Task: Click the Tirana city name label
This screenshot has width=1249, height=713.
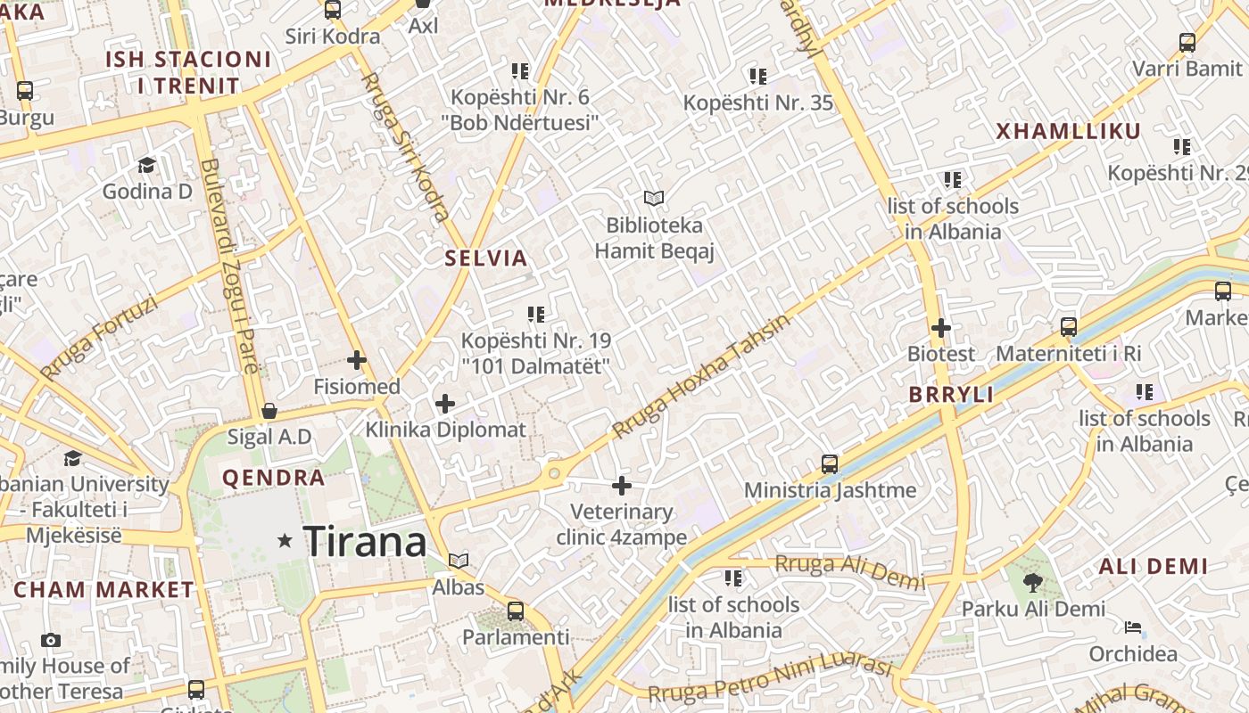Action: [x=365, y=541]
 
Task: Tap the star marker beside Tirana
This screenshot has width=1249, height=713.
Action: [x=285, y=540]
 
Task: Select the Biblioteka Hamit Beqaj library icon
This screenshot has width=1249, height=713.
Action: [x=654, y=198]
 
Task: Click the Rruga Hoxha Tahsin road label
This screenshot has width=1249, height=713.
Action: [x=700, y=377]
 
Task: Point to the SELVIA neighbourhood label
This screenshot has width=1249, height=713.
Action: [x=486, y=258]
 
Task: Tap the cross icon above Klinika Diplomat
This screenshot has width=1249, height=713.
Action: [x=445, y=404]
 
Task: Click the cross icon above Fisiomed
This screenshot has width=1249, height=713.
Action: [x=357, y=360]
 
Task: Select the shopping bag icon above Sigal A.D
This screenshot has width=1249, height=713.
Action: [x=269, y=411]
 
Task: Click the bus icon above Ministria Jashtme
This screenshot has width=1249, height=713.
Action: [x=830, y=464]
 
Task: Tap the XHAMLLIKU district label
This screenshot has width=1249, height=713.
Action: [x=1068, y=132]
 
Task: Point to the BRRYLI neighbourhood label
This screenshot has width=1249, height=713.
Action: [x=951, y=395]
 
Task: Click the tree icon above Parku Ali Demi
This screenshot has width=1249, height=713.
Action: [x=1033, y=583]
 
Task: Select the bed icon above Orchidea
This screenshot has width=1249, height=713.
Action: [x=1133, y=627]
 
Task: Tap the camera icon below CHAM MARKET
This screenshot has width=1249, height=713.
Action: [x=51, y=640]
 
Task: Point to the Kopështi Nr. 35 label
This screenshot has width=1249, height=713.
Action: [x=758, y=102]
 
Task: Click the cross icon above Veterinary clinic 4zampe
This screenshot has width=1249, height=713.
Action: [x=622, y=486]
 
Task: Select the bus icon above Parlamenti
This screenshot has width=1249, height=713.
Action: [x=516, y=611]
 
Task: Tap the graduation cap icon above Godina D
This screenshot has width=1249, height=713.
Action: [x=146, y=165]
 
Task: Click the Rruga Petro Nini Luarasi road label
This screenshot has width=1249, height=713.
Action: [x=770, y=681]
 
